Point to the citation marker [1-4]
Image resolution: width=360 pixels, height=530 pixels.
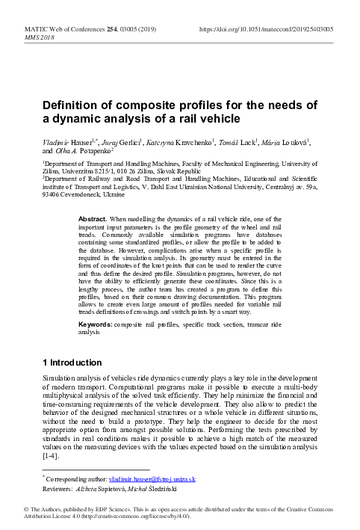(x=52, y=454)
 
